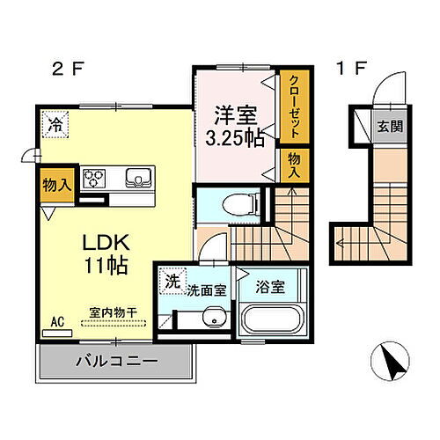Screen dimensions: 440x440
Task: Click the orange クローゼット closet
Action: [295, 105]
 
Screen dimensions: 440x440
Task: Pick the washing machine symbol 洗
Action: [171, 281]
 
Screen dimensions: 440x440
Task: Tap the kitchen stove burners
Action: [94, 180]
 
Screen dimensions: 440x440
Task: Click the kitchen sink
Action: [138, 177]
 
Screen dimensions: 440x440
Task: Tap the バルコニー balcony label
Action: [114, 361]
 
